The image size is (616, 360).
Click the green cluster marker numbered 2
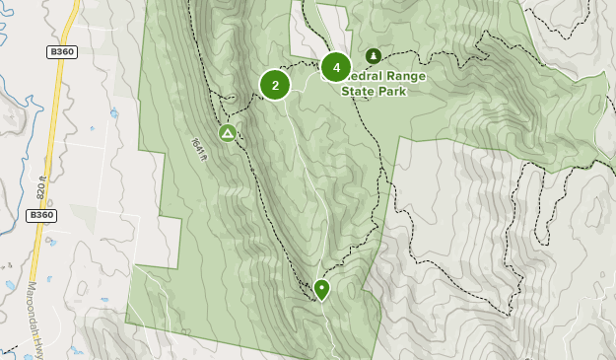coord(275,85)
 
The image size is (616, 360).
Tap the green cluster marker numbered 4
coord(336,67)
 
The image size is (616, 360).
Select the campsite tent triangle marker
coord(228,132)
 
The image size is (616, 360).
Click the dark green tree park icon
coord(373,56)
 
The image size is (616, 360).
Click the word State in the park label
coord(359,91)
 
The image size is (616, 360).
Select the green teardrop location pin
coord(321,289)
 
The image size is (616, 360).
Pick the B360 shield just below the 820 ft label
coord(40,214)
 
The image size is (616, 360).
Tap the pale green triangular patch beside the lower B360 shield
coord(84,217)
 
